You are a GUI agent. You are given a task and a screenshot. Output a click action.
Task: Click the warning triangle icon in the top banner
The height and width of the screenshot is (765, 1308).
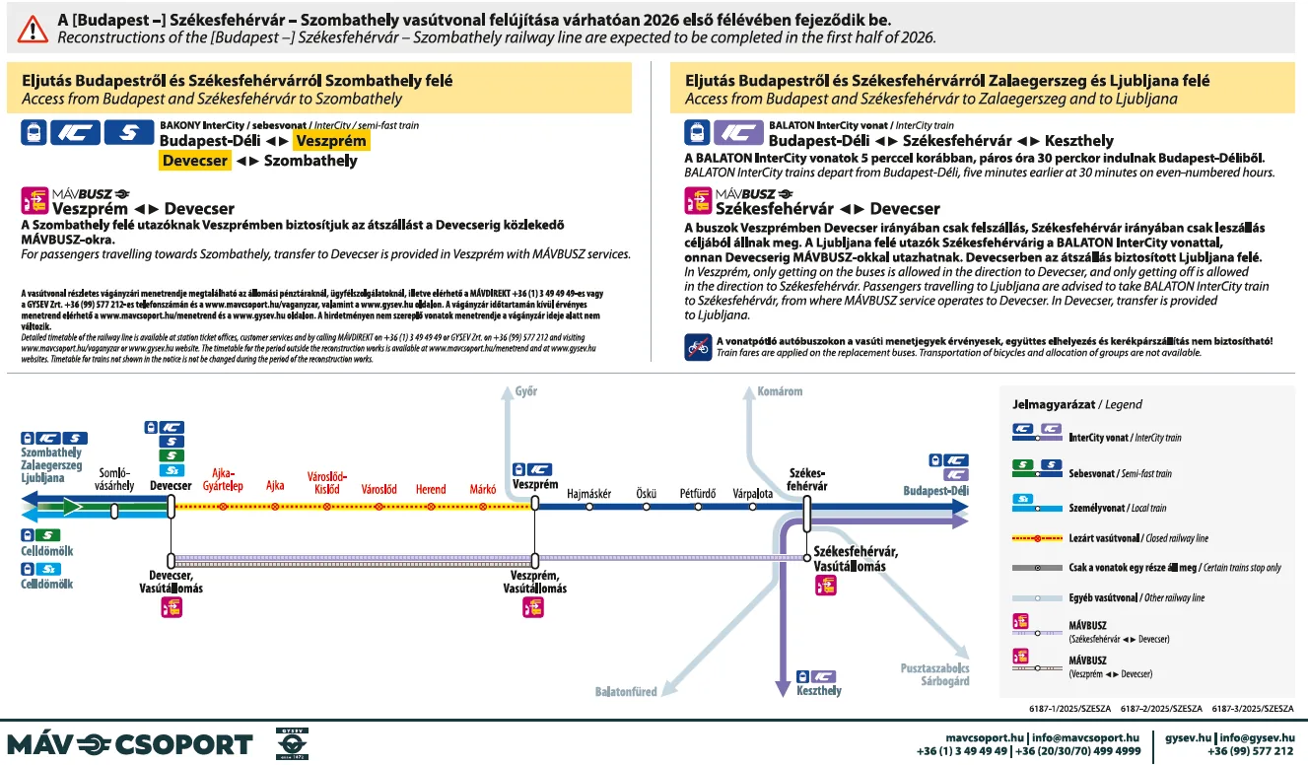point(33,28)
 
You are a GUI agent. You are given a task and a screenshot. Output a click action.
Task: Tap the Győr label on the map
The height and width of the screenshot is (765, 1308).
point(526,391)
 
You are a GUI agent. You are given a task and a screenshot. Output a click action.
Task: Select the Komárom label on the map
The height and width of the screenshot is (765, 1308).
point(780,391)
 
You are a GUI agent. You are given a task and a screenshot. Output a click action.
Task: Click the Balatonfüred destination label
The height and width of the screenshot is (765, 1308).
point(626,692)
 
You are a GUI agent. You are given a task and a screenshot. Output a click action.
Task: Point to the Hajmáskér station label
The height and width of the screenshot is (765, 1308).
point(589,493)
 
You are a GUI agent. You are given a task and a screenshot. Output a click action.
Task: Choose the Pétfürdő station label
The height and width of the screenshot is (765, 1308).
point(698,493)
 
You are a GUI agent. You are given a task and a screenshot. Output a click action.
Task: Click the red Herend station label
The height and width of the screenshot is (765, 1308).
point(431,489)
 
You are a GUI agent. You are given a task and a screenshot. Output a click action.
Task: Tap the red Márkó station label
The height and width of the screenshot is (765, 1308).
point(483,489)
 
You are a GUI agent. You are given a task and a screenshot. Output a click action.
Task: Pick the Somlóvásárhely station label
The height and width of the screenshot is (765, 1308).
point(113,479)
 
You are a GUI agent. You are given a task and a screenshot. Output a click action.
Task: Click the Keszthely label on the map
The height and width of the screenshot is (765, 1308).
point(819,691)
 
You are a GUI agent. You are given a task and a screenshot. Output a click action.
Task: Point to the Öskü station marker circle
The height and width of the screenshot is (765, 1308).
point(647,507)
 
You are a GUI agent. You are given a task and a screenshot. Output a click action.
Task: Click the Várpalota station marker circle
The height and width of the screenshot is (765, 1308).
point(753,507)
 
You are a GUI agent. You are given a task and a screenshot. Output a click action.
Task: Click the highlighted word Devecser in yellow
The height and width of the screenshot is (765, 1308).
point(195,161)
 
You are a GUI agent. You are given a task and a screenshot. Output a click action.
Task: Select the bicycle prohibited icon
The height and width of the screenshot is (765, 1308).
point(698,347)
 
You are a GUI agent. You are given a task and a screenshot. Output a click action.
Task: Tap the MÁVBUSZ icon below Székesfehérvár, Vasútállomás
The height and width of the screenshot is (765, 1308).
point(826,586)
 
